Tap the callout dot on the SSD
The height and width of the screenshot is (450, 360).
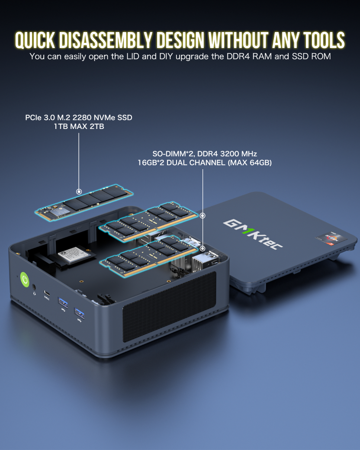click(x=79, y=191)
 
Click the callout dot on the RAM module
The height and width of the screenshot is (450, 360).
click(x=202, y=248)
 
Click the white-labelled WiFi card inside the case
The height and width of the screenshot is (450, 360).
click(x=75, y=256)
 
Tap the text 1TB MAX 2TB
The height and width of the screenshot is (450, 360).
click(x=79, y=126)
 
